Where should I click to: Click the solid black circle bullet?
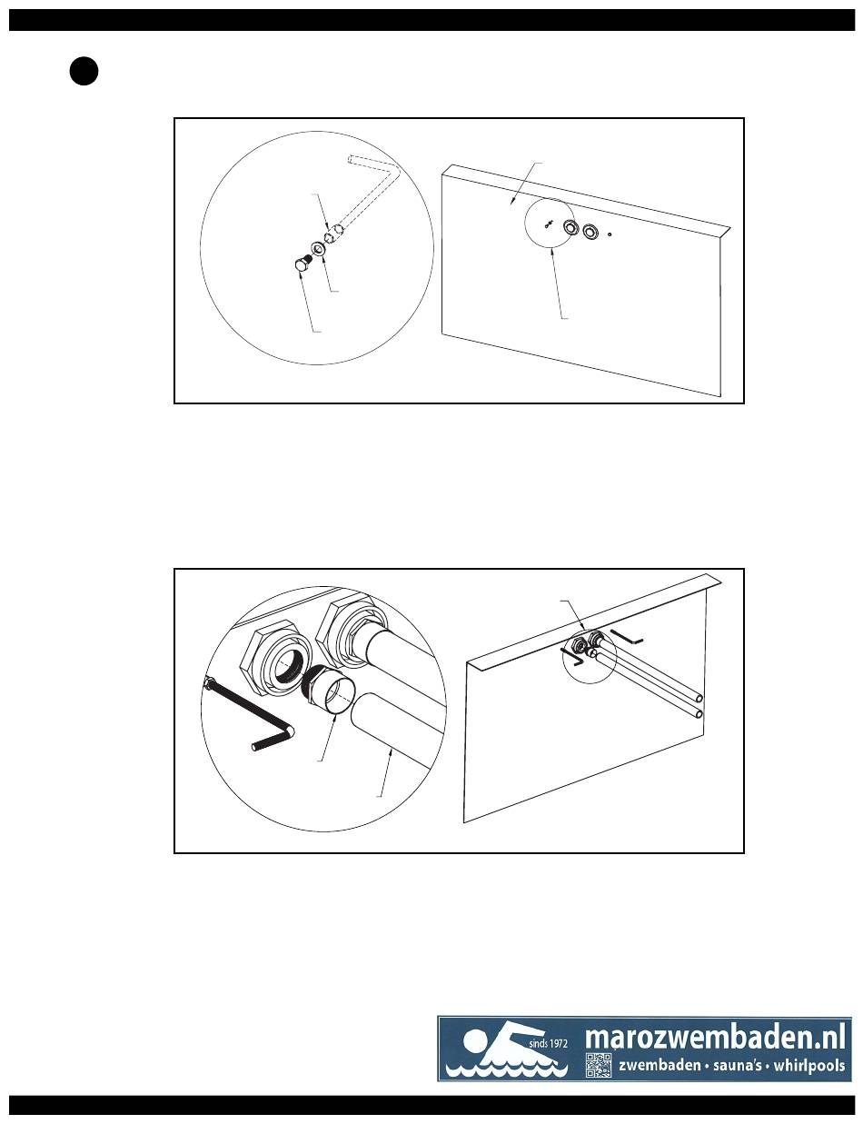[84, 72]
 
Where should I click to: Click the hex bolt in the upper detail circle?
[302, 264]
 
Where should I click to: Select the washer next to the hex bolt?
[318, 249]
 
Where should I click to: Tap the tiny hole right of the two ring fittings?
[610, 234]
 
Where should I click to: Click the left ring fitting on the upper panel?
[571, 226]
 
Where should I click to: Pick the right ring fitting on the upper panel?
[590, 231]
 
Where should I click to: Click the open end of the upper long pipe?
[699, 697]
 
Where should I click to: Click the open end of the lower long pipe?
[699, 715]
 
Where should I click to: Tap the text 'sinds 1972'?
[549, 1043]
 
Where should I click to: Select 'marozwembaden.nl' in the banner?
[715, 1036]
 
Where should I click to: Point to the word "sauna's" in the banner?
[738, 1066]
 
